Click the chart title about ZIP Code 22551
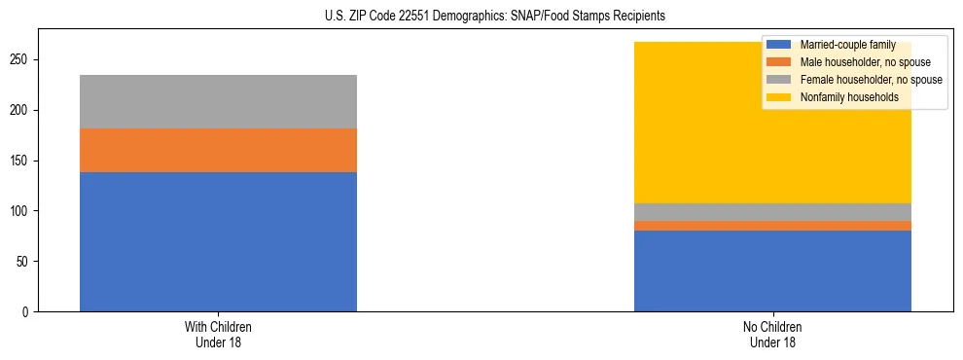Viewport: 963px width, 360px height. [495, 17]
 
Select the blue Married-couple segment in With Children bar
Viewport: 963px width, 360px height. [218, 241]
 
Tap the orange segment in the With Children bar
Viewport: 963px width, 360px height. [218, 150]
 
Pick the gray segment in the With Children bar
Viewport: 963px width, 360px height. [218, 101]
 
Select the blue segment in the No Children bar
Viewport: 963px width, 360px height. [772, 271]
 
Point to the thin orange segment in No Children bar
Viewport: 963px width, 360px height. [772, 226]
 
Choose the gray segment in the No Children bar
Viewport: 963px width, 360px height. [772, 212]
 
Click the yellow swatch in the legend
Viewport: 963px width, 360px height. [779, 97]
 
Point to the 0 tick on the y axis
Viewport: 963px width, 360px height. [28, 312]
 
